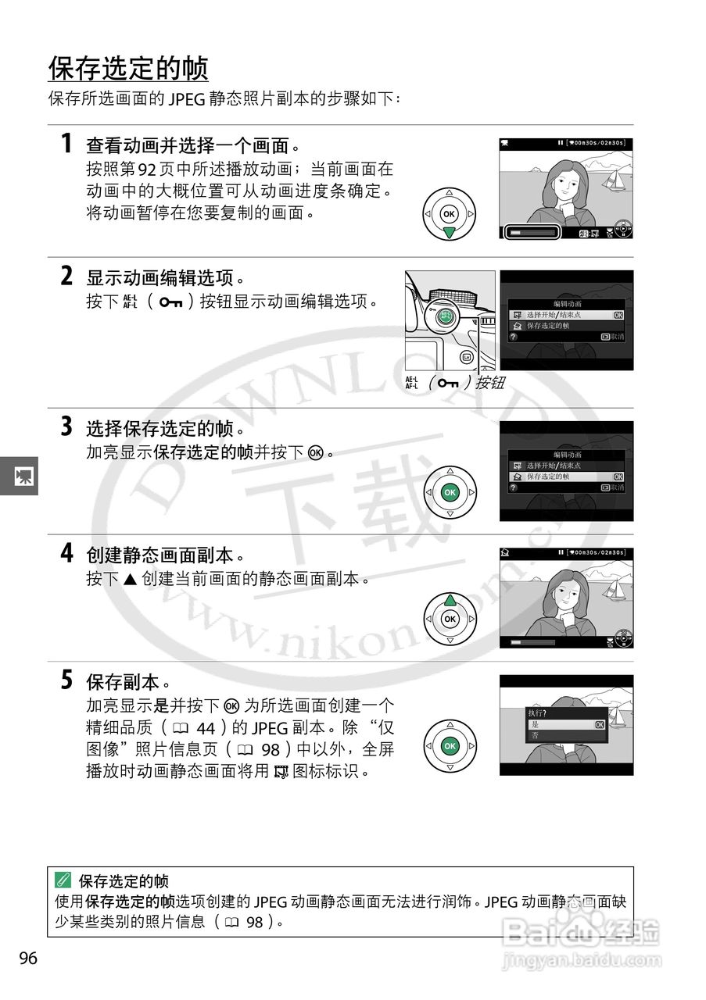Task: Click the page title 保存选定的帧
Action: click(x=128, y=69)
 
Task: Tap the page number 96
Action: click(x=28, y=959)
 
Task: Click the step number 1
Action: click(x=67, y=145)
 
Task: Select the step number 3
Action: click(x=67, y=427)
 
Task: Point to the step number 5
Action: click(x=67, y=680)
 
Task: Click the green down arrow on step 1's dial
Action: click(x=449, y=233)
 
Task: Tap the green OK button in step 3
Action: click(x=450, y=492)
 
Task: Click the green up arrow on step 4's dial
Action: click(x=449, y=601)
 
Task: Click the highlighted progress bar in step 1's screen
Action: click(x=531, y=232)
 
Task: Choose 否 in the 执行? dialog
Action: click(x=536, y=736)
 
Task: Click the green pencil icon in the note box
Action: click(x=63, y=881)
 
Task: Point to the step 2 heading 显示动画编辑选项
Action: click(x=164, y=278)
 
